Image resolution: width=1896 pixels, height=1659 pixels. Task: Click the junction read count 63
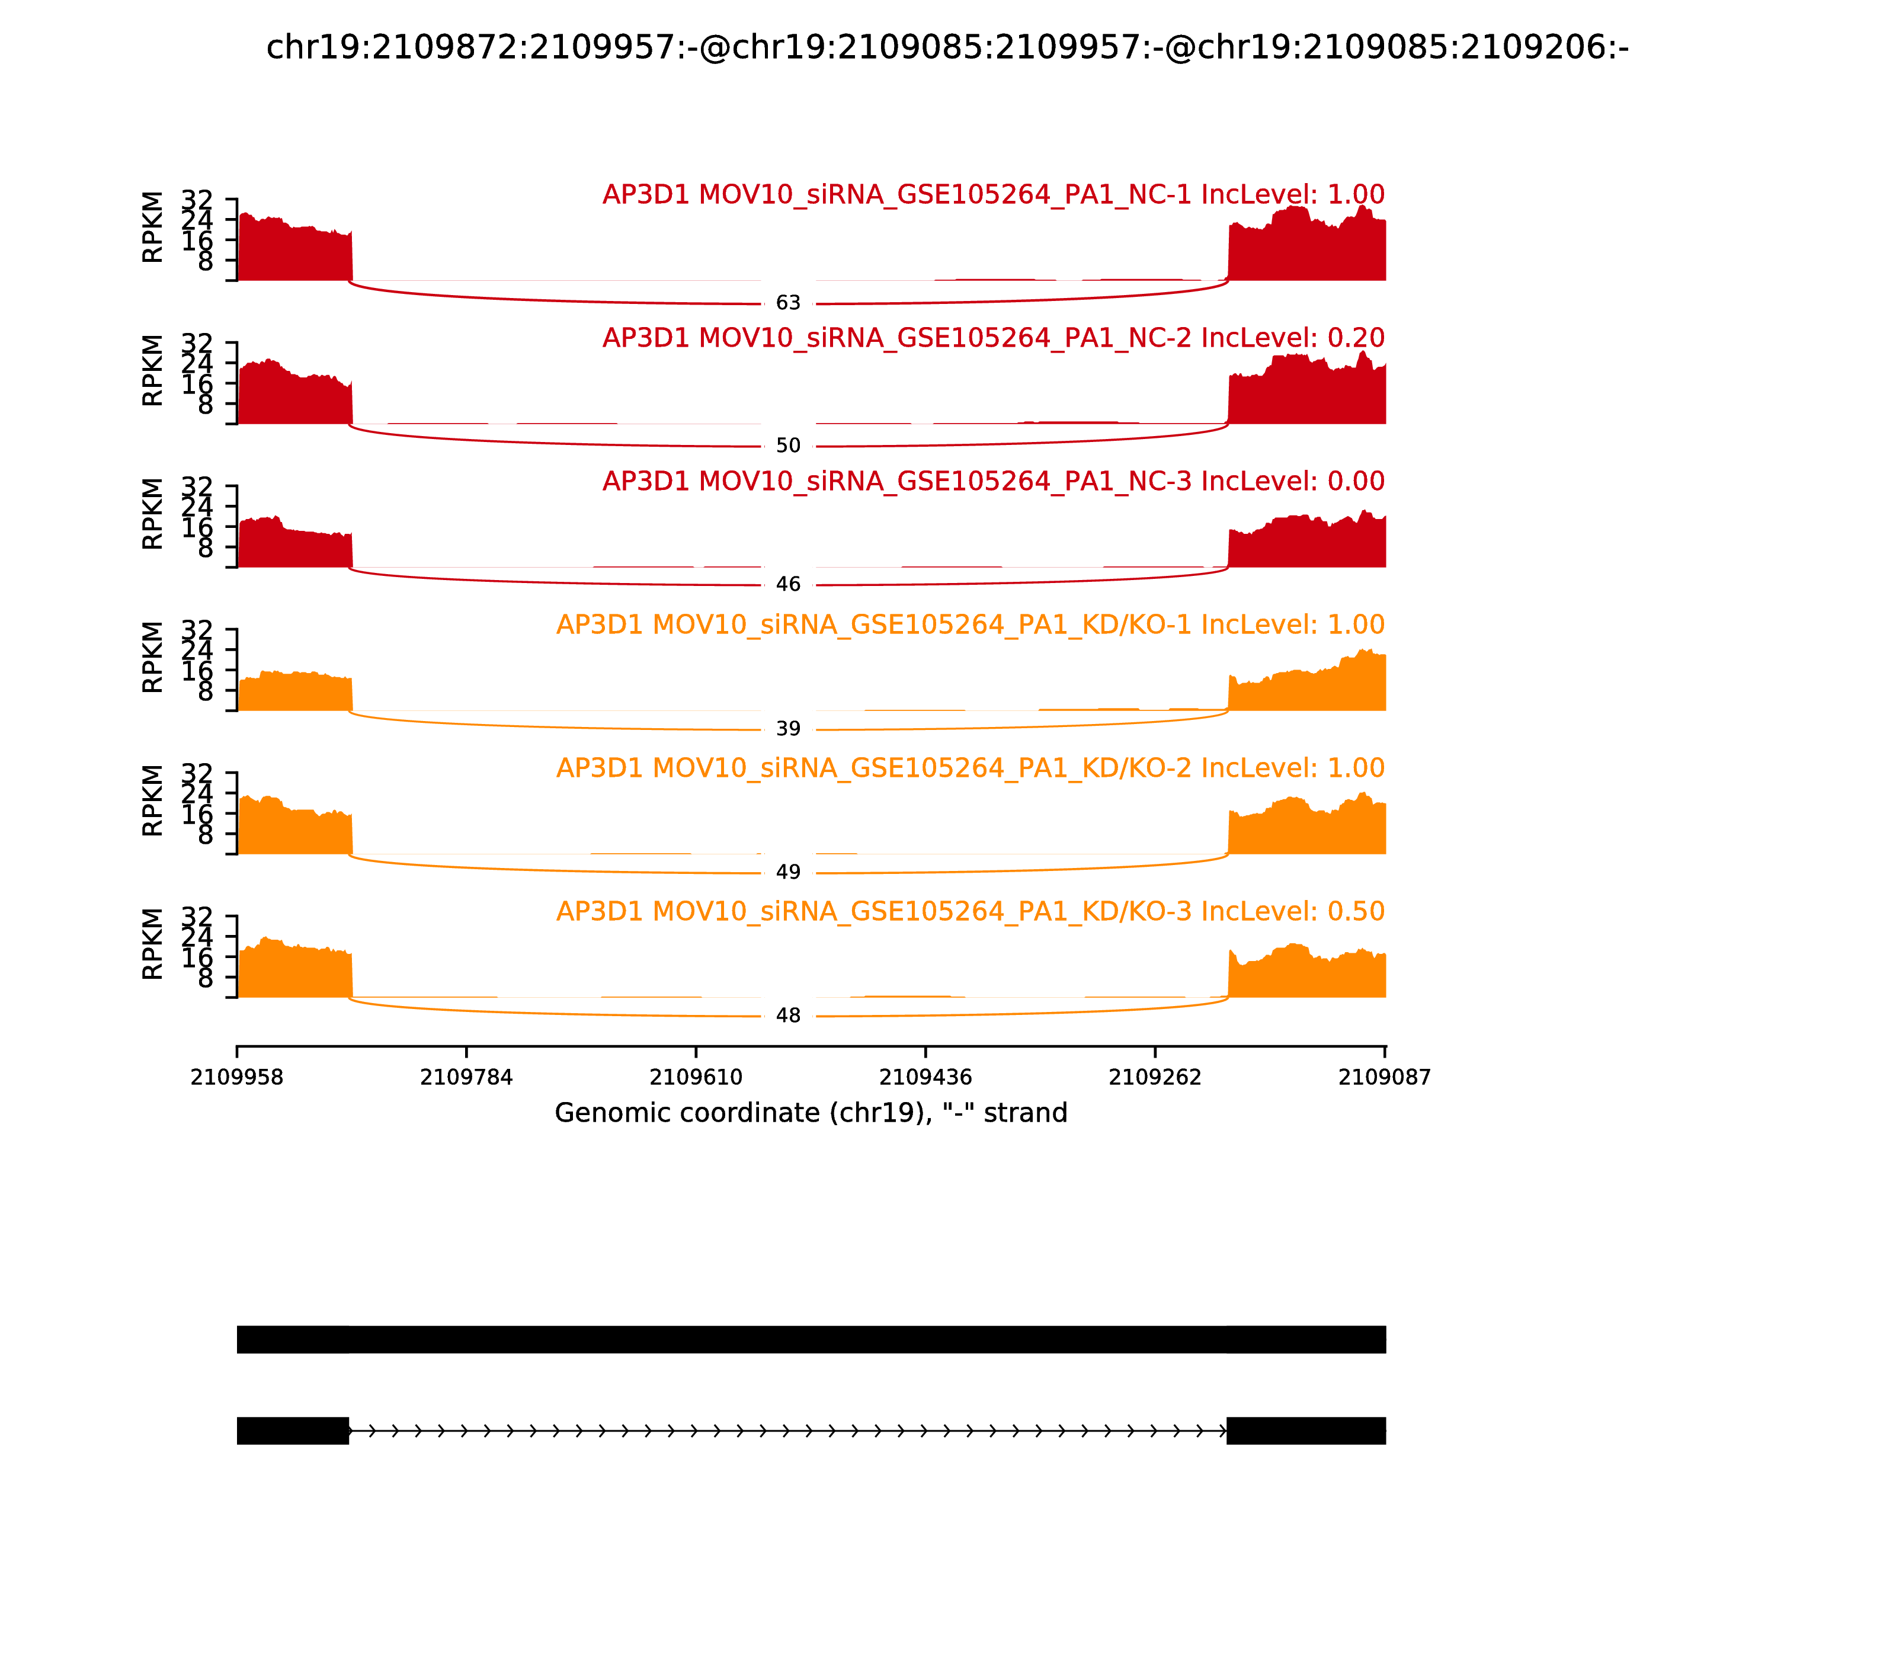coord(788,303)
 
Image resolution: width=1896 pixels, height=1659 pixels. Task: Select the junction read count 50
coord(788,446)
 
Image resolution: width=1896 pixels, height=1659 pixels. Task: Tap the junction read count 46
coord(788,584)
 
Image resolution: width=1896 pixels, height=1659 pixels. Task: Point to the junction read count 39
coord(788,729)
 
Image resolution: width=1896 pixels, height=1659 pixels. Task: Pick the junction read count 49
coord(788,872)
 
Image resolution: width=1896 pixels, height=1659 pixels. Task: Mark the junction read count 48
coord(788,1016)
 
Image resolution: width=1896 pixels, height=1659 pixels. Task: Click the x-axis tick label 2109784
coord(466,1078)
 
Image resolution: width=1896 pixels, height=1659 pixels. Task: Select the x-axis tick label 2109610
coord(695,1078)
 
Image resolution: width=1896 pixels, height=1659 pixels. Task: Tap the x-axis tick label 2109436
coord(925,1078)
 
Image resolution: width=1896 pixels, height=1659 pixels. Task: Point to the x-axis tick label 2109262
coord(1154,1078)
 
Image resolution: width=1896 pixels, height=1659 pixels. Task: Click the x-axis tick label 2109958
coord(237,1078)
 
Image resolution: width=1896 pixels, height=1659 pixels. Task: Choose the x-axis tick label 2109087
coord(1384,1078)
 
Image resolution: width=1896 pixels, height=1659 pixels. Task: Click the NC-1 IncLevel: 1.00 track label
coord(994,194)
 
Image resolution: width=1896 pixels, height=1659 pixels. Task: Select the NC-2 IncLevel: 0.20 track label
coord(994,338)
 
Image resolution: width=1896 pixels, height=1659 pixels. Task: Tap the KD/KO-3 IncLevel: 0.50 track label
coord(971,911)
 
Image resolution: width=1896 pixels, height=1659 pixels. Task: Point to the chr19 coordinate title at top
coord(947,47)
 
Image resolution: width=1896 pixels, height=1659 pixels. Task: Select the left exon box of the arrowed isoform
coord(293,1430)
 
